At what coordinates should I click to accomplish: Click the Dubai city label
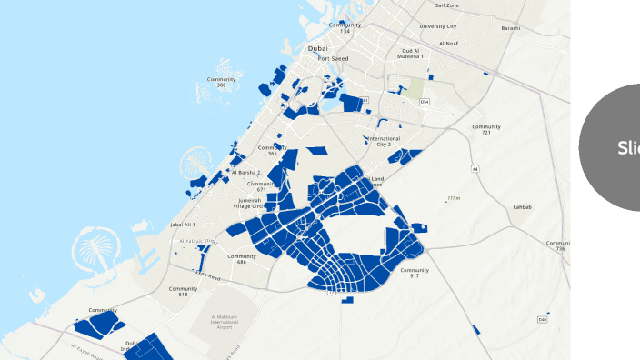(317, 48)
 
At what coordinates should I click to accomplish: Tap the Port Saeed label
(333, 58)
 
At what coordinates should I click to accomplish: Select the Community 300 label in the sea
(222, 82)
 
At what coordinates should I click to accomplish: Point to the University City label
(438, 26)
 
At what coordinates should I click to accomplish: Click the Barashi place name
(511, 27)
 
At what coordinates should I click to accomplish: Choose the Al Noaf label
(448, 43)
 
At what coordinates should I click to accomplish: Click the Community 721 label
(486, 129)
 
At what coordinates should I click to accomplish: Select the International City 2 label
(384, 141)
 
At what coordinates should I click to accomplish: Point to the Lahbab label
(522, 207)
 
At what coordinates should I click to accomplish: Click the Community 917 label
(414, 273)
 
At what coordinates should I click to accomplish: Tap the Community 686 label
(242, 259)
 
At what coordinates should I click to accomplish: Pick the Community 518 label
(183, 291)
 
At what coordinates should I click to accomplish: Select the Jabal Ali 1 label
(183, 224)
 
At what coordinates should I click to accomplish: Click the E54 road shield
(425, 101)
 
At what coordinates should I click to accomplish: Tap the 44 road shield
(475, 168)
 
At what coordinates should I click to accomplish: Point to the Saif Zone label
(446, 5)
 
